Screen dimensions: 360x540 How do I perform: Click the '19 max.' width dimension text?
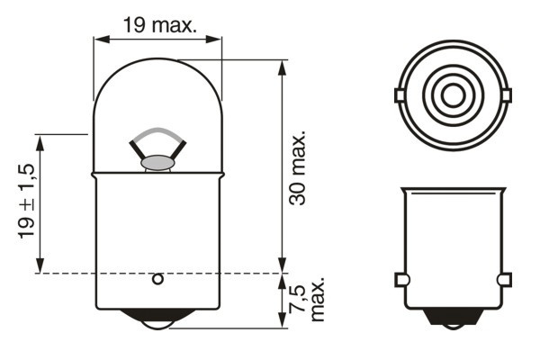[x=158, y=26]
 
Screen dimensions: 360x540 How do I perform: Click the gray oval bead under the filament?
[x=157, y=164]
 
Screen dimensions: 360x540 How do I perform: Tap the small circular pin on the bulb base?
[x=157, y=279]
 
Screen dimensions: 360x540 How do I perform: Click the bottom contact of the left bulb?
[x=157, y=320]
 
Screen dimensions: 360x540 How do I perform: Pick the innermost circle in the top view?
[x=451, y=94]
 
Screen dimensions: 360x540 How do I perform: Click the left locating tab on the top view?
[x=399, y=94]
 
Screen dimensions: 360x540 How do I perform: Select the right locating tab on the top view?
[x=504, y=94]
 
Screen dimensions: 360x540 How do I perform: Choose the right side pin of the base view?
[x=504, y=278]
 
